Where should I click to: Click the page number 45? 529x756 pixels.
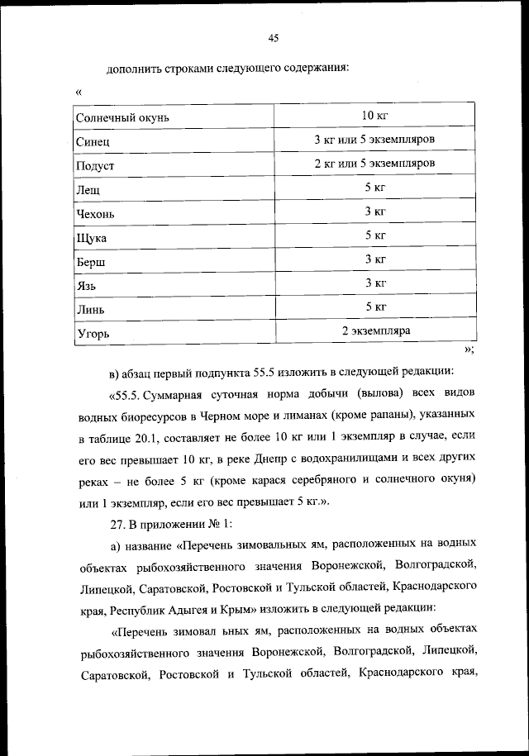tap(274, 36)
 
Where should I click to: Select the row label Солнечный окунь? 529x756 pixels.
tap(122, 118)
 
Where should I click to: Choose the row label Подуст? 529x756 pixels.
tap(95, 166)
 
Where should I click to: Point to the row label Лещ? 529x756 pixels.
tap(88, 190)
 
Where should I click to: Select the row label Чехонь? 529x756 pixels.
tap(95, 214)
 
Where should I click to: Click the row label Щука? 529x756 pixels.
tap(91, 239)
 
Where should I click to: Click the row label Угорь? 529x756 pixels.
tap(93, 335)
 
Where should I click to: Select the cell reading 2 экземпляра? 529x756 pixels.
tap(376, 330)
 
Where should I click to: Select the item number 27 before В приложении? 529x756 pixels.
tap(116, 523)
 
